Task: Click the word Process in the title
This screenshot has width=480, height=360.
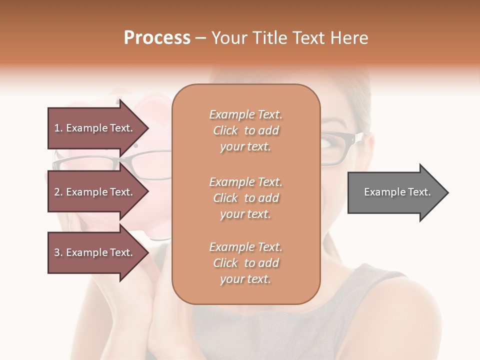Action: coord(157,38)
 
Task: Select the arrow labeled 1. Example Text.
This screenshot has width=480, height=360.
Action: coord(95,128)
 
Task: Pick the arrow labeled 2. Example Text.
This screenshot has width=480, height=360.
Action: coord(95,192)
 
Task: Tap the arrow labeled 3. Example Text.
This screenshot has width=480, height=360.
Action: coord(95,252)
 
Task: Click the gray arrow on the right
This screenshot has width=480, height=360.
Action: coord(395,192)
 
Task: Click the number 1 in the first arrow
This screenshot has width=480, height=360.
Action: coord(56,128)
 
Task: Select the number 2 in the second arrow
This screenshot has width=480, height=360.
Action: coord(56,192)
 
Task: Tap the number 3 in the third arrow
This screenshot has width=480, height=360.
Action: coord(56,252)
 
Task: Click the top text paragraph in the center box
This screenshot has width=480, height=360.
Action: coord(245,130)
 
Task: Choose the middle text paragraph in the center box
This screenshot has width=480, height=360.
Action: coord(245,197)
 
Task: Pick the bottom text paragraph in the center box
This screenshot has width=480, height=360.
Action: coord(245,263)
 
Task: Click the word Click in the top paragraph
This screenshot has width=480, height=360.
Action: coord(225,130)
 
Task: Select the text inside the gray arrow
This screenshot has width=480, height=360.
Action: coord(397,192)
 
